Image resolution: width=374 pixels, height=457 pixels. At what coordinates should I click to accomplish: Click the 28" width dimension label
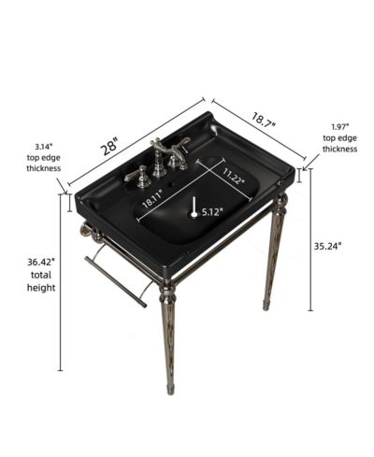[x=110, y=146]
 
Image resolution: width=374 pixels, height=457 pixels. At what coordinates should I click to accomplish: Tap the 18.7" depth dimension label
[x=264, y=120]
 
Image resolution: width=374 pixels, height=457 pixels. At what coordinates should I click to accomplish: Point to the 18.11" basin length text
[x=152, y=198]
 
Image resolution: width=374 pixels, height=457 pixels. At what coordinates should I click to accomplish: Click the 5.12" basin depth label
[x=212, y=212]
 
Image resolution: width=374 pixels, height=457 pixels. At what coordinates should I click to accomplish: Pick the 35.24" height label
[x=327, y=246]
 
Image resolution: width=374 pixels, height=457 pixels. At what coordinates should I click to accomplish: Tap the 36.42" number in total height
[x=41, y=262]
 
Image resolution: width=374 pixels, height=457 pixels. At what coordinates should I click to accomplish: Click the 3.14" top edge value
[x=43, y=146]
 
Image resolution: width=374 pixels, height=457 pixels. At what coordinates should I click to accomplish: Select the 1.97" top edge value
[x=339, y=127]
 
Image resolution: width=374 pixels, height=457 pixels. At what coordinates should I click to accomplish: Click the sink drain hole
[x=194, y=214]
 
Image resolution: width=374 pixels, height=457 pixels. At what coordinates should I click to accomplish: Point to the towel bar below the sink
[x=115, y=281]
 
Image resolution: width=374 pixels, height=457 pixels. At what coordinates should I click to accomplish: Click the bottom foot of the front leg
[x=170, y=391]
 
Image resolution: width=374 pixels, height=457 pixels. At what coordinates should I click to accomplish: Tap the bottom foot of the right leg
[x=266, y=306]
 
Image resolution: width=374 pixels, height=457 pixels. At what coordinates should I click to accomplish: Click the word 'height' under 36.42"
[x=41, y=288]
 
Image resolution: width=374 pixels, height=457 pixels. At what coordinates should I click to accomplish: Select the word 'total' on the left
[x=41, y=275]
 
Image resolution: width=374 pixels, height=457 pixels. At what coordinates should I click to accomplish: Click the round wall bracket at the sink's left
[x=85, y=229]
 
